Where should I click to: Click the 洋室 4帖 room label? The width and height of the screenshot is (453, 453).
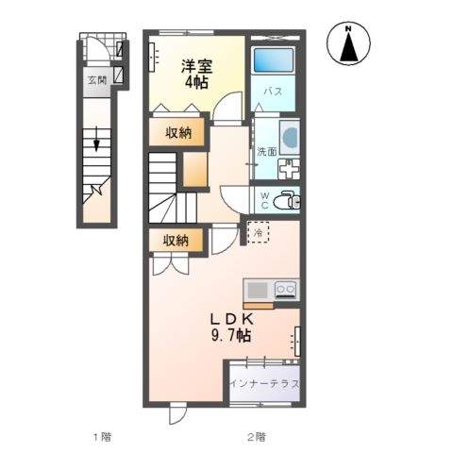196,74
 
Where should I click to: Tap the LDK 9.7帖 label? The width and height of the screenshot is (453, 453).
232,328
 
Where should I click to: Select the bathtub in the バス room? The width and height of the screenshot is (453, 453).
274,60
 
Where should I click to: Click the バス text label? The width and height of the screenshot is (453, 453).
273,92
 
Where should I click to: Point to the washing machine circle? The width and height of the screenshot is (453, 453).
290,137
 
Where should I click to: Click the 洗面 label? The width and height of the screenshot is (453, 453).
267,152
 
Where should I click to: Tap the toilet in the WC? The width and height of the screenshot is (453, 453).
287,200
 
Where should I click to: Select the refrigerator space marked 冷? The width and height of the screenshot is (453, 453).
259,232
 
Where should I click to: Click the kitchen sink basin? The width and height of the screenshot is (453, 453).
258,290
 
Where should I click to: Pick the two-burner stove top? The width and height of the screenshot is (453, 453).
286,290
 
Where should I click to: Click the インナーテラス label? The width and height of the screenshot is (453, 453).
264,384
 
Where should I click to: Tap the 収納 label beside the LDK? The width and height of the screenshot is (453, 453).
176,241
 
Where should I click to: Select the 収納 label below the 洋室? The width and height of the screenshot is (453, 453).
178,134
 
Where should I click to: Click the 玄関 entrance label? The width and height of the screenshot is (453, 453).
97,80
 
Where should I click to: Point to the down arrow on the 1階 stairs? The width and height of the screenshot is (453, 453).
96,139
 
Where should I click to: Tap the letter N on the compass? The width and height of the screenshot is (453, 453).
348,29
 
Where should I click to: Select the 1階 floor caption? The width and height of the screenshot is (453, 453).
102,437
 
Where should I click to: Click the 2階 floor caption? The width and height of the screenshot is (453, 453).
256,437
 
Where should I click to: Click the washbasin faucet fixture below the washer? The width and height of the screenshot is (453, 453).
289,169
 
